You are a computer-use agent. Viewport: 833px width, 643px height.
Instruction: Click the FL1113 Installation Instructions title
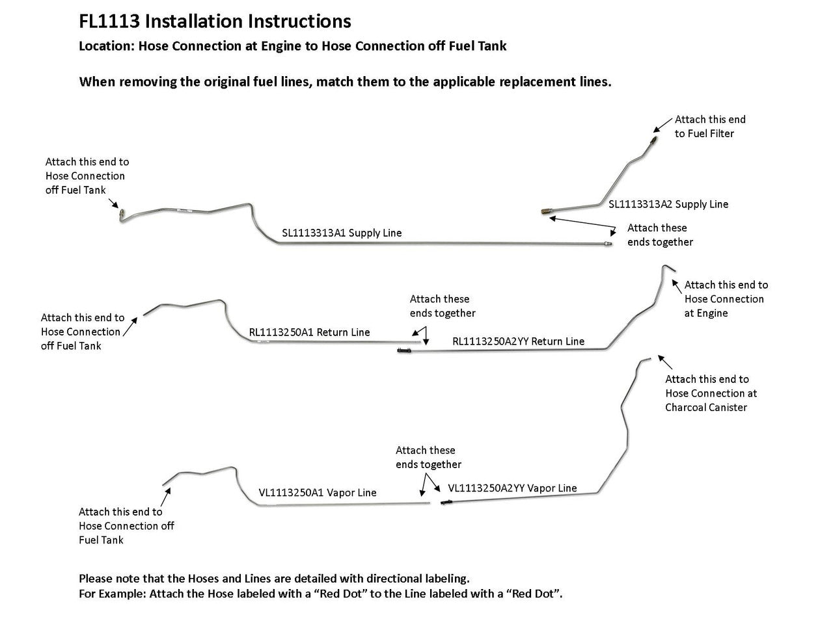(x=215, y=21)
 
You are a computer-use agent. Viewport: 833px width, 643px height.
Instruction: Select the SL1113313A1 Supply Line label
(x=342, y=233)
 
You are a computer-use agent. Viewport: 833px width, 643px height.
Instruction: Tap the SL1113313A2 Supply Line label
(x=668, y=204)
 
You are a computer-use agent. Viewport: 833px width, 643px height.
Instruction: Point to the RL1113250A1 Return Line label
(x=309, y=332)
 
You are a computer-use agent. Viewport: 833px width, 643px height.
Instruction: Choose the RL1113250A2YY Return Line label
(x=518, y=341)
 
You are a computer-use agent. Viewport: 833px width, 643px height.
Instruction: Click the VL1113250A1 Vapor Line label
(x=318, y=493)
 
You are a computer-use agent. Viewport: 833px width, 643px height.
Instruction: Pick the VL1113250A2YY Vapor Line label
(x=512, y=488)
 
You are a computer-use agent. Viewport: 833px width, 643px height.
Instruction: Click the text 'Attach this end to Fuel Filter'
(x=709, y=126)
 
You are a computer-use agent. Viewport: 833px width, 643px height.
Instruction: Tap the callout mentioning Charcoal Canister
(x=711, y=393)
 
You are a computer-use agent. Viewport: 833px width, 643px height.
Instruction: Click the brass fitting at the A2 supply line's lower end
(x=546, y=211)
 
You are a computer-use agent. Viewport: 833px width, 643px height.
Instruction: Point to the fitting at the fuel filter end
(x=653, y=140)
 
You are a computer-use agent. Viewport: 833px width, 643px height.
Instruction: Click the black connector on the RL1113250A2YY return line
(x=403, y=351)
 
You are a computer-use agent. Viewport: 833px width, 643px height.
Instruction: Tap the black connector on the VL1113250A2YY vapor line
(x=446, y=503)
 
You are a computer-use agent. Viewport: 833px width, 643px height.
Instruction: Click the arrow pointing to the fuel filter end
(x=663, y=124)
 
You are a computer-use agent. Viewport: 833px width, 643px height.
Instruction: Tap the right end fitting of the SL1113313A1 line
(x=607, y=244)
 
